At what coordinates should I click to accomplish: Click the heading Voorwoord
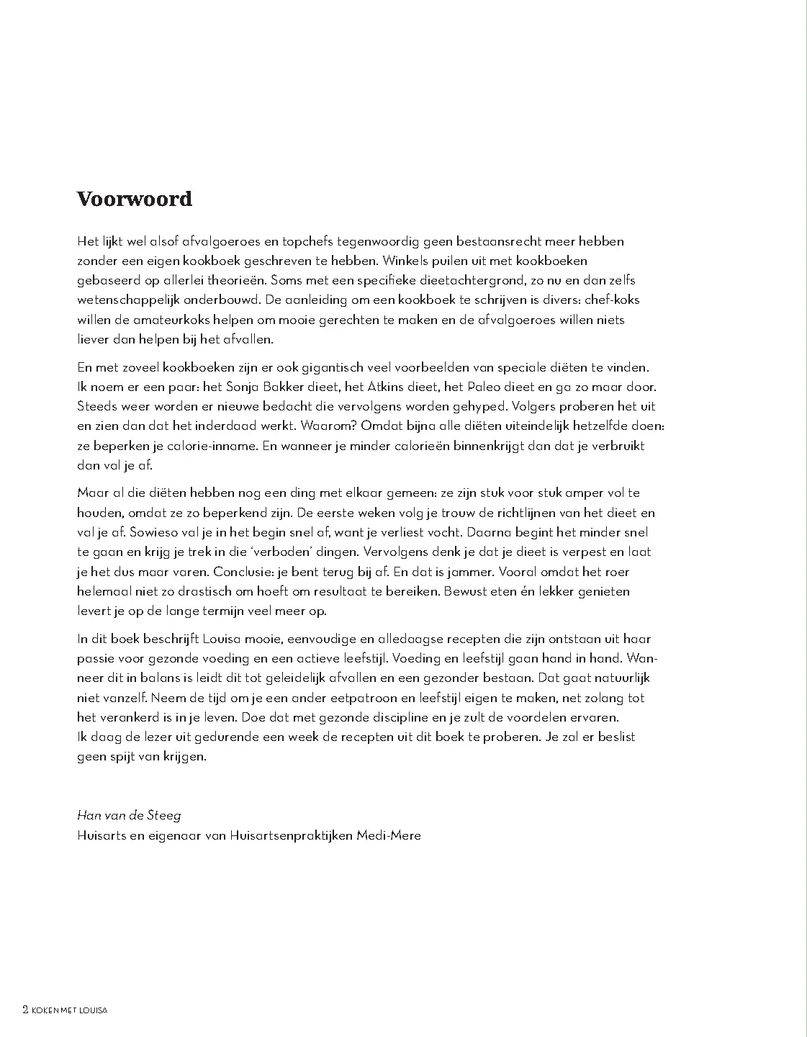(135, 199)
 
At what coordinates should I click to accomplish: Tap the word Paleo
(487, 387)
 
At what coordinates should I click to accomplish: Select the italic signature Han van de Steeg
(129, 815)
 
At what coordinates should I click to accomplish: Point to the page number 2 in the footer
(26, 1010)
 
